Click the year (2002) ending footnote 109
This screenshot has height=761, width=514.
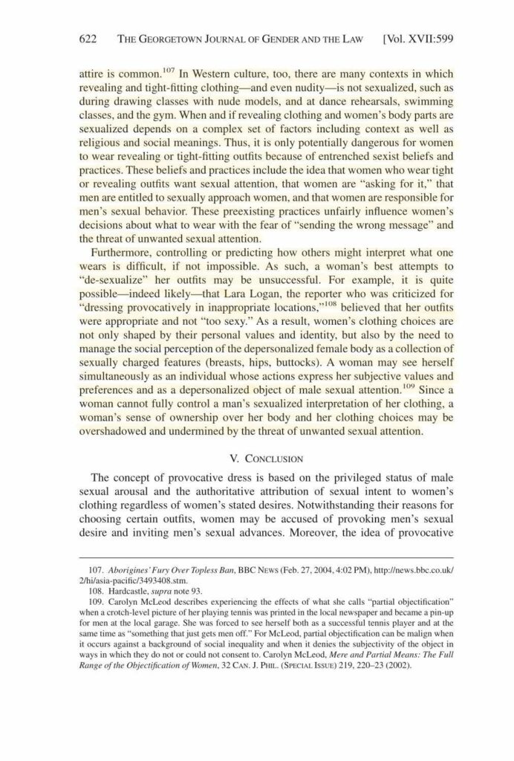pos(398,665)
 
